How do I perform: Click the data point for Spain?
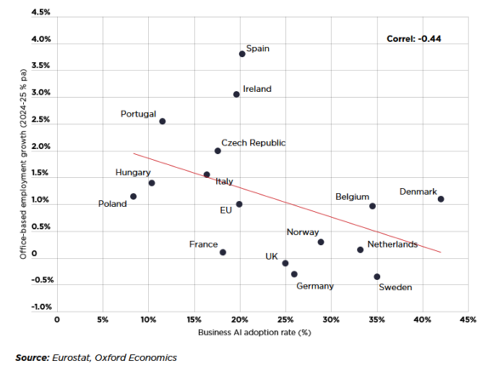click(242, 54)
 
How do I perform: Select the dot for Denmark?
click(441, 199)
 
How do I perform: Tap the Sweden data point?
click(377, 277)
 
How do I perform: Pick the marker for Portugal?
click(162, 122)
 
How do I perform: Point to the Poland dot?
click(134, 197)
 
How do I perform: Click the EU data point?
click(239, 204)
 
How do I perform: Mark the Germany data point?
click(294, 274)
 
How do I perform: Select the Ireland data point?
click(236, 94)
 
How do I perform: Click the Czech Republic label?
click(253, 143)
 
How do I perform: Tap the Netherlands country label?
click(392, 244)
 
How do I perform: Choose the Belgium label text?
click(352, 197)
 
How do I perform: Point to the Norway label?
click(303, 232)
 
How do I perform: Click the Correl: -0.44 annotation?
click(414, 39)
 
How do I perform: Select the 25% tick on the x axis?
click(286, 320)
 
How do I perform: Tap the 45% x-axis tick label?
click(468, 320)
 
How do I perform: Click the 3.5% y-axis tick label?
click(41, 66)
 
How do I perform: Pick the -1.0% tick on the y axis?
click(42, 307)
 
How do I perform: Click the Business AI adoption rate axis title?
click(254, 333)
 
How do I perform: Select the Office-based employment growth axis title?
click(23, 164)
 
